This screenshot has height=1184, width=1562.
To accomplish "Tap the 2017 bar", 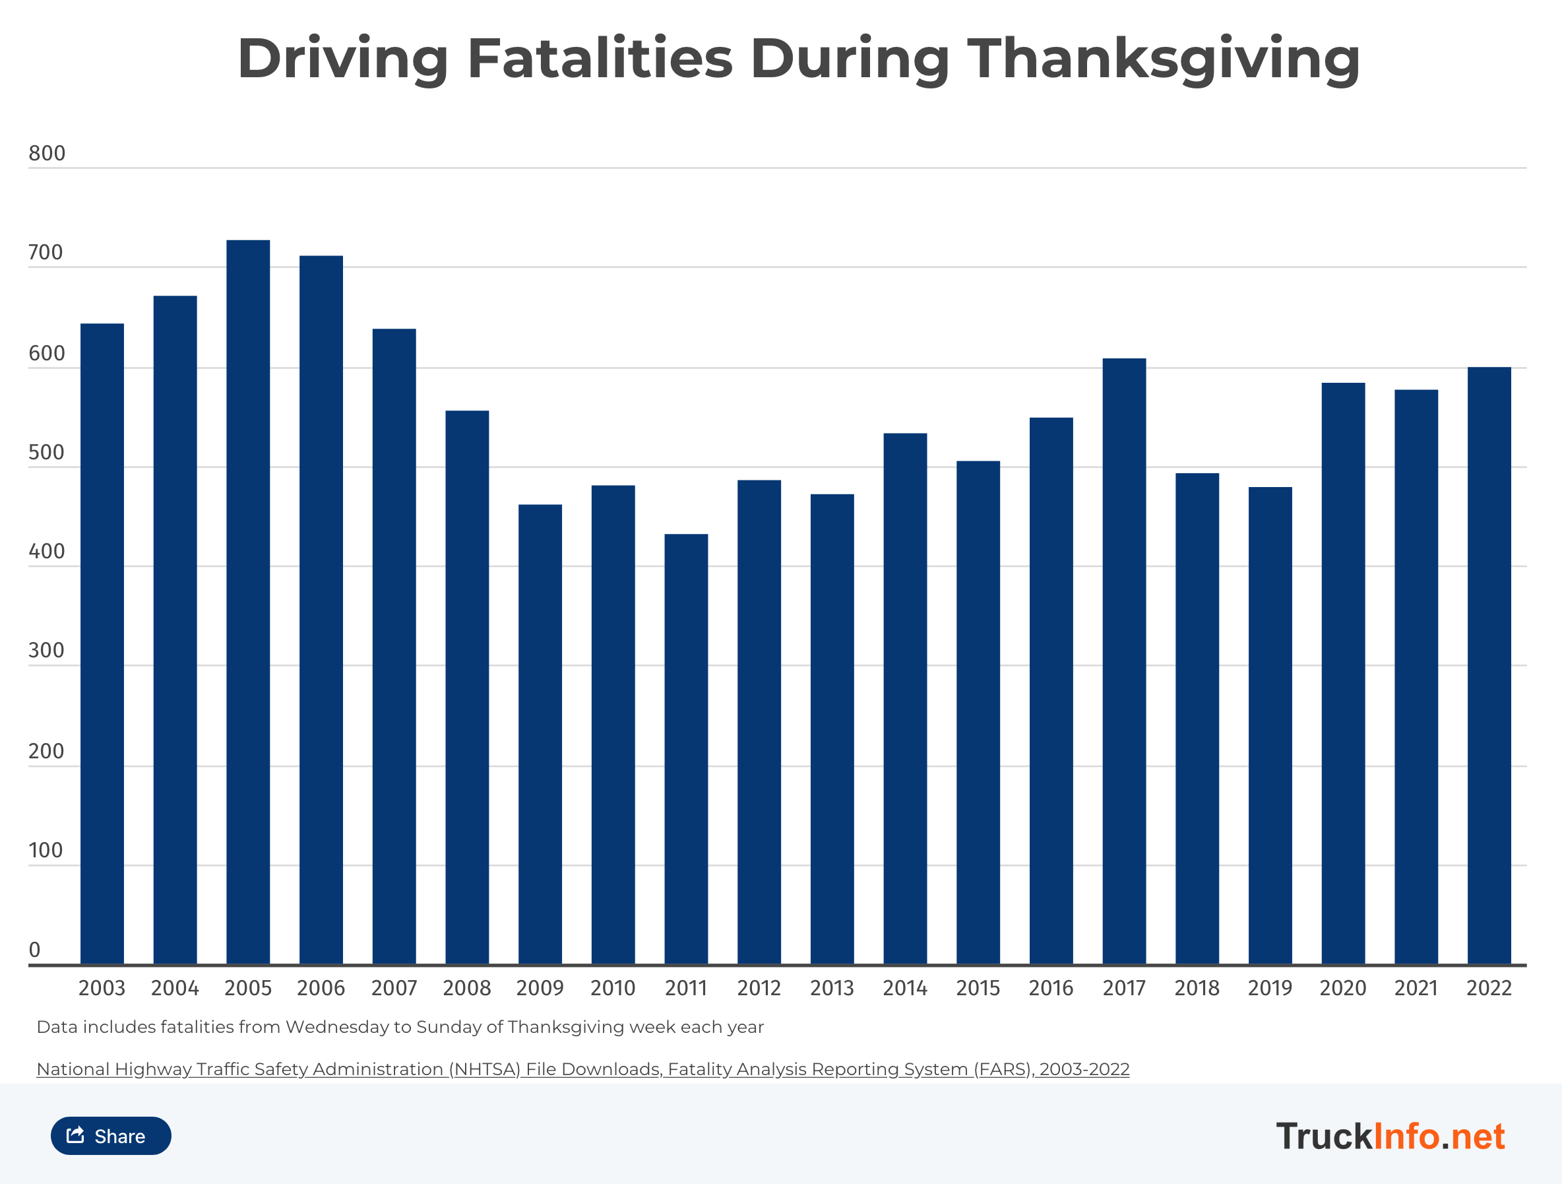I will coord(1124,661).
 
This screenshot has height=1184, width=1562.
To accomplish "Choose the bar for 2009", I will coord(540,734).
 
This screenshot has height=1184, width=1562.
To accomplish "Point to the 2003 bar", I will coord(102,643).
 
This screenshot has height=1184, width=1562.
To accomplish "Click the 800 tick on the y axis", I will coord(47,153).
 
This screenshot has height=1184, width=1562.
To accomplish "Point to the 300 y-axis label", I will coord(46,651).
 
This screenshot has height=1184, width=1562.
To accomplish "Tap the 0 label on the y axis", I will coord(34,950).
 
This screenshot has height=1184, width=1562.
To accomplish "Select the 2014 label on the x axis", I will coord(904,987).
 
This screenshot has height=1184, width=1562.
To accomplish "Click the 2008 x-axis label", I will coord(467,987).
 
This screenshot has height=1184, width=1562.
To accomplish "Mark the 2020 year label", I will coord(1342,987).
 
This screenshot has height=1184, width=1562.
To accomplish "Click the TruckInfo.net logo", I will coord(1390,1136).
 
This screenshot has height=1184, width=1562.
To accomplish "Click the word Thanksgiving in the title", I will coord(1163,59).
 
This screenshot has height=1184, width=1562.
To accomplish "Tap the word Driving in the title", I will coord(343,59).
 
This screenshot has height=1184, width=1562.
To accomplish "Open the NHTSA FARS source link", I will coord(582,1069).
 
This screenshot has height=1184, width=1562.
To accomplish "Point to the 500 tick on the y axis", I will coord(46,453).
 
